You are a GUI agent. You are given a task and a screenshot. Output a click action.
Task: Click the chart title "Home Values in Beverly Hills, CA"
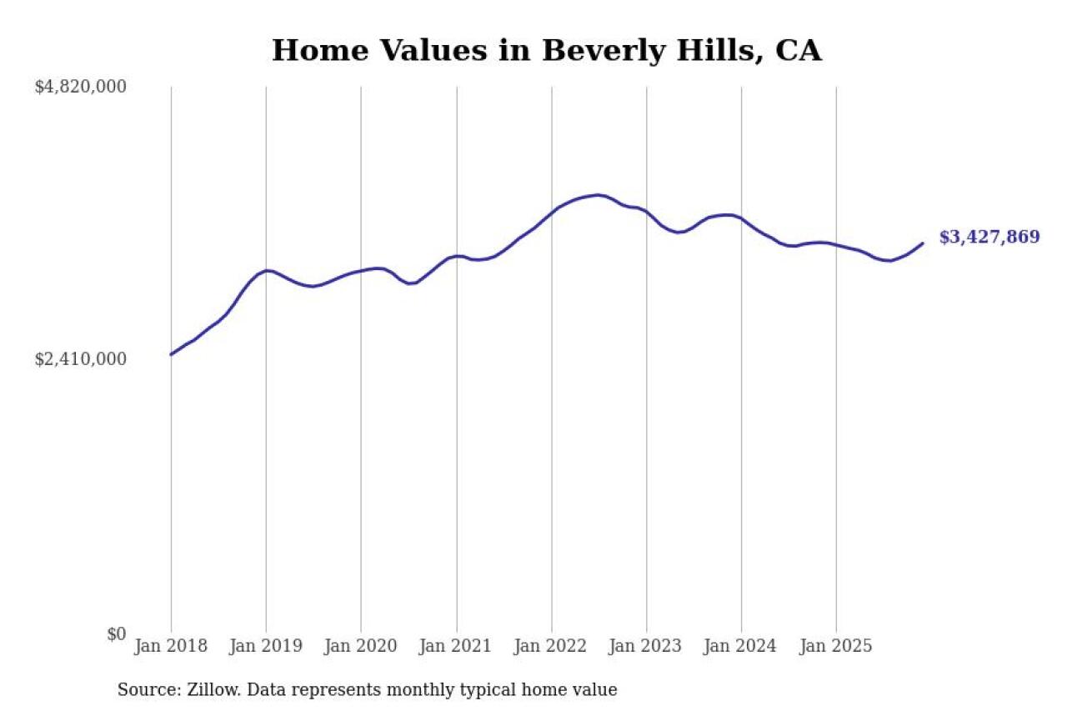pos(546,51)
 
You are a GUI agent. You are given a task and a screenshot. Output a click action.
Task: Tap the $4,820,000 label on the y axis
pos(80,87)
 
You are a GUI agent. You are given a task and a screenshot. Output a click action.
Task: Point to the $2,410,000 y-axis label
pos(80,359)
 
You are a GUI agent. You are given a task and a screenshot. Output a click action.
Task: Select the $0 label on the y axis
pos(116,634)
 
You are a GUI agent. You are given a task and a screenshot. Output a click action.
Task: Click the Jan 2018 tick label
pos(171,646)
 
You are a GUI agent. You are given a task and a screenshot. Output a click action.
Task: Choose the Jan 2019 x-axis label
pos(266,646)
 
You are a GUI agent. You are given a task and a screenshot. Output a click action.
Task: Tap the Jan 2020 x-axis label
pos(361,646)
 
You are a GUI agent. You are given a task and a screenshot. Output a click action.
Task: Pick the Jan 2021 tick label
pos(456,646)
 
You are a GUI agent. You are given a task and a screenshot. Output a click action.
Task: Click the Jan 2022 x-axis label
pos(551,646)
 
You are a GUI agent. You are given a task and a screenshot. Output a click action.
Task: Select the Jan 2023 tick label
pos(646,646)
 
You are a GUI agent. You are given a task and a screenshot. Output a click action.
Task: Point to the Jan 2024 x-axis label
pos(741,646)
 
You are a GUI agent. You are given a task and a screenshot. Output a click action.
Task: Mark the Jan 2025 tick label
pos(836,646)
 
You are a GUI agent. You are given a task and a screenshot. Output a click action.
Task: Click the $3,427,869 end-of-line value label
pos(989,238)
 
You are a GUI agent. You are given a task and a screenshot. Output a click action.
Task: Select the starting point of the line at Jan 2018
pos(172,354)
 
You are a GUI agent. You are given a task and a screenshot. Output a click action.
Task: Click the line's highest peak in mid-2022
pos(597,195)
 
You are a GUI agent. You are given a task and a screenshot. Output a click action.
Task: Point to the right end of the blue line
pos(923,243)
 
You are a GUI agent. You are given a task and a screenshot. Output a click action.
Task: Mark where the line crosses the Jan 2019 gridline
pos(266,271)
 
